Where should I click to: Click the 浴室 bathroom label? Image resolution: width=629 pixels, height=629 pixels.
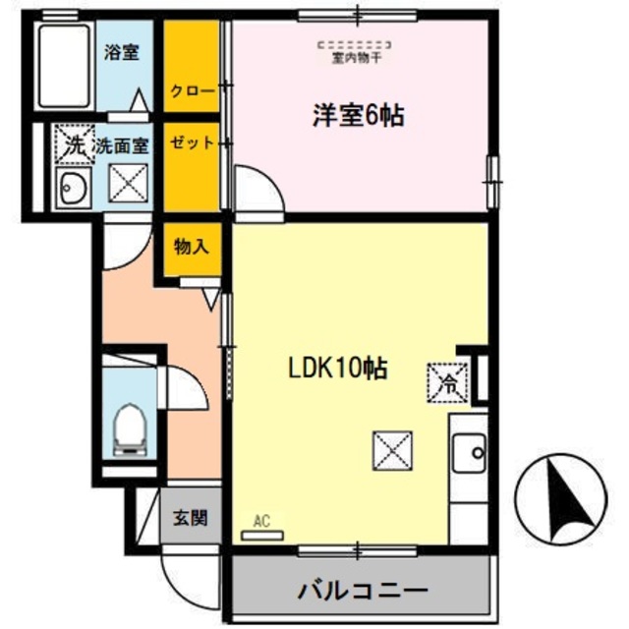pos(123,53)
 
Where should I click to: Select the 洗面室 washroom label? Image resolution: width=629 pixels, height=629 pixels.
pos(122,145)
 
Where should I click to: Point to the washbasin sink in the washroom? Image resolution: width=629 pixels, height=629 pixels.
pos(72,187)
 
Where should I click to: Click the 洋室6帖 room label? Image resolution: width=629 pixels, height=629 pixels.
pos(359,116)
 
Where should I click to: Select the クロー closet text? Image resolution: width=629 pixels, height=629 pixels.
pos(192,91)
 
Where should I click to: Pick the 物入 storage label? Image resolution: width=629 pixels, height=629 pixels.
pos(191,246)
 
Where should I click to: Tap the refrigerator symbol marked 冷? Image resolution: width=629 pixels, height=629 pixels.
pos(447,379)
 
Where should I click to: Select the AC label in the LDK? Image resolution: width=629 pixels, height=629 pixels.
pos(260,522)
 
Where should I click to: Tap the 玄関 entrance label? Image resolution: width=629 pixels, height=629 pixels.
pos(191,518)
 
